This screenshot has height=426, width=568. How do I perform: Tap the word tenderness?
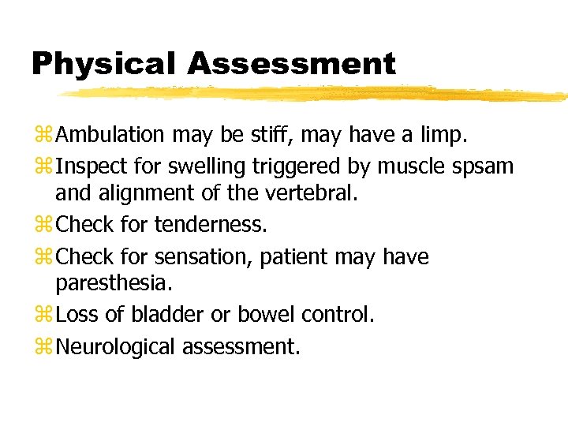pyautogui.click(x=211, y=225)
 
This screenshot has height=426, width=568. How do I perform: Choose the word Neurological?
pyautogui.click(x=118, y=346)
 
